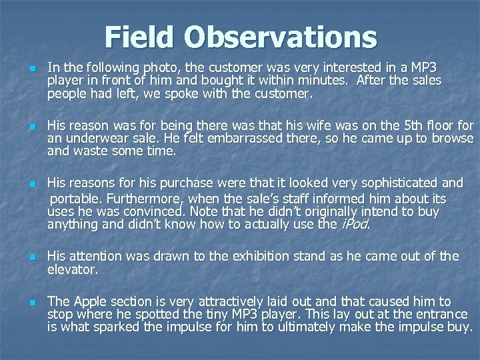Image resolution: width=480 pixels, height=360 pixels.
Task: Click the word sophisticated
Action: pos(395,183)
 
